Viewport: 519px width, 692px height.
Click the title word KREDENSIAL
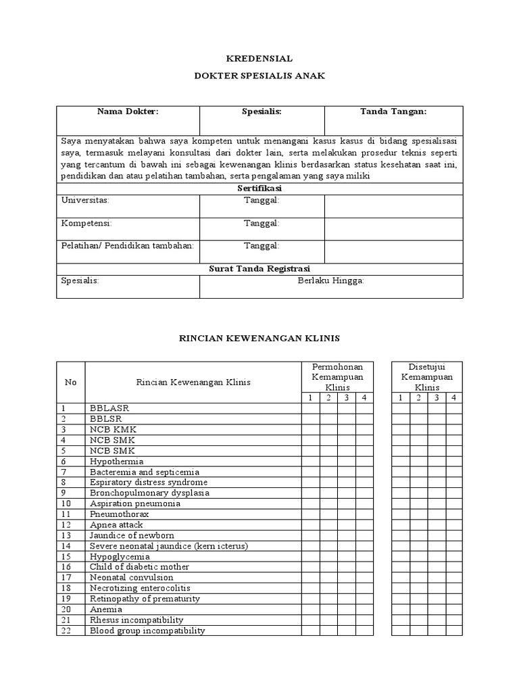click(x=259, y=59)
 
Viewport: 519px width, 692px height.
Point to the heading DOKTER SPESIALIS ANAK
click(x=259, y=76)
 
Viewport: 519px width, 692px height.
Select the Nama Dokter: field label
click(x=128, y=112)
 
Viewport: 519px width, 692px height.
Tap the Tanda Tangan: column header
click(x=393, y=112)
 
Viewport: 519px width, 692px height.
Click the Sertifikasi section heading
click(x=259, y=189)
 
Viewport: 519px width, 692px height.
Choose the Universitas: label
click(x=85, y=201)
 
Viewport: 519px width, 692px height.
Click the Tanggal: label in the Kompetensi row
click(x=262, y=223)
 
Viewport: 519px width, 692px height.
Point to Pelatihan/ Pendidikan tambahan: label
click(x=128, y=245)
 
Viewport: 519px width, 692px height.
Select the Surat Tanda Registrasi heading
click(x=259, y=268)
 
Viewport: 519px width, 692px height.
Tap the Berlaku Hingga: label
click(x=331, y=280)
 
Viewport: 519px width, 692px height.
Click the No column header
click(x=70, y=382)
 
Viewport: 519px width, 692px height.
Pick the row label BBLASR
click(x=109, y=408)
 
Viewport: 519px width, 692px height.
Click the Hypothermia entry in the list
click(x=116, y=461)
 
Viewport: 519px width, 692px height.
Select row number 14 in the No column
click(x=66, y=545)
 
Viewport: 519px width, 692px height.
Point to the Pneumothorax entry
click(x=119, y=514)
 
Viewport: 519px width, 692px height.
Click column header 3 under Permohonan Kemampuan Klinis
click(x=346, y=397)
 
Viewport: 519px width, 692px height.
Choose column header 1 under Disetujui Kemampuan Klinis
click(x=400, y=397)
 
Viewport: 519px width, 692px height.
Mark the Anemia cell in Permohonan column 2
click(x=328, y=609)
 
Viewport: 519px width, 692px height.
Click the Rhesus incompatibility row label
click(x=137, y=620)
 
